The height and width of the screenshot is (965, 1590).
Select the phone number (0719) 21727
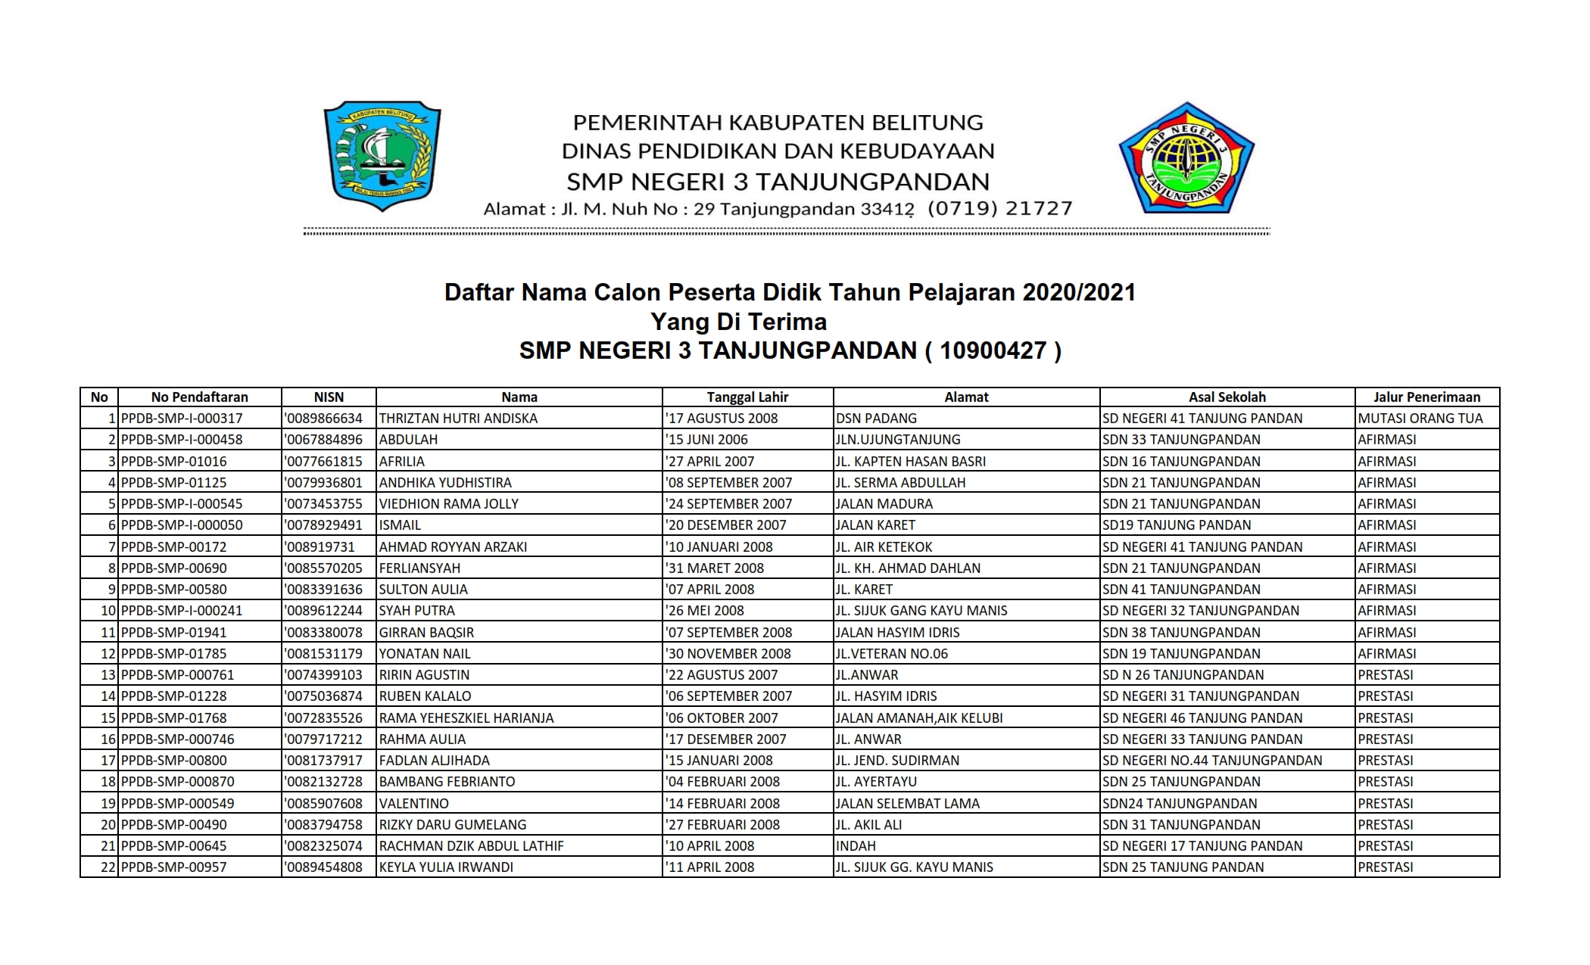point(999,208)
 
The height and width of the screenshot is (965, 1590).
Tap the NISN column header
point(329,397)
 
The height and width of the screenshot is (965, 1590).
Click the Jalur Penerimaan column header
point(1426,397)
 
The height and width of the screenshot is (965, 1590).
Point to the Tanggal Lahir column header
point(747,397)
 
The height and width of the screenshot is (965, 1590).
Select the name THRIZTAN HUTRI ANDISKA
point(458,419)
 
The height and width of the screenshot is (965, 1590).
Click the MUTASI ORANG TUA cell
point(1420,419)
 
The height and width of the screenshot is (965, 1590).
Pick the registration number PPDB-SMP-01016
point(173,461)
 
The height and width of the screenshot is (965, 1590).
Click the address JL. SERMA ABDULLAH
point(900,482)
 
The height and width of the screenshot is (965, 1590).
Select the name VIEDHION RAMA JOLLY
point(449,504)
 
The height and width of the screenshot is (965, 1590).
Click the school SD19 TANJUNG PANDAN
point(1177,525)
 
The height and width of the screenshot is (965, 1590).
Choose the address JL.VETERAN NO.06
point(891,653)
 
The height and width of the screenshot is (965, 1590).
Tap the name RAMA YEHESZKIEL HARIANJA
point(466,718)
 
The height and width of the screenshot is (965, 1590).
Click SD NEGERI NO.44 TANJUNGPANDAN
point(1212,761)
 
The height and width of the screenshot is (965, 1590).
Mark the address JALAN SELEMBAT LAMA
point(907,803)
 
